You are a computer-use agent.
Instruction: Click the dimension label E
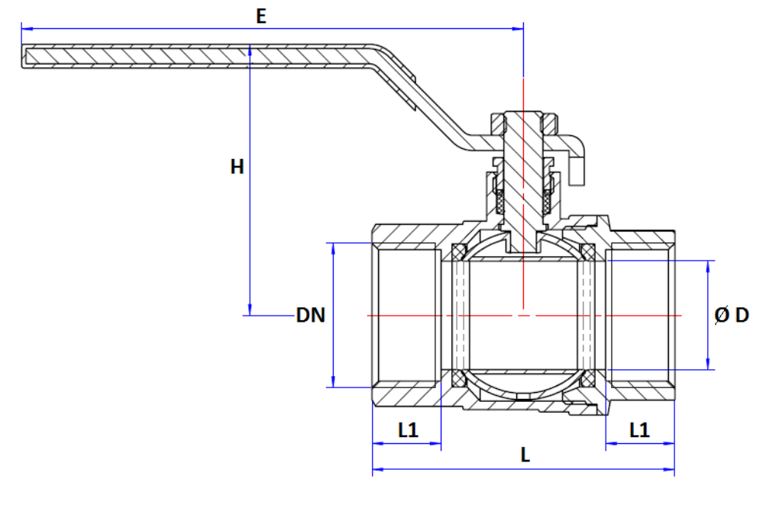click(x=261, y=16)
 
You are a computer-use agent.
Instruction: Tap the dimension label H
click(x=237, y=167)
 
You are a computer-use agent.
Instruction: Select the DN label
click(x=311, y=315)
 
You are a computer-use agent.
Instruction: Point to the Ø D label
click(x=732, y=315)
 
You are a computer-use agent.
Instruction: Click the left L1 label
click(x=408, y=430)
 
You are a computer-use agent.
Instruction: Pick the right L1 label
click(x=639, y=430)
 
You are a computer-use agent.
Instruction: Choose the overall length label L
click(x=525, y=455)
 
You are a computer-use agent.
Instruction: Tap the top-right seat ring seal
click(x=588, y=251)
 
